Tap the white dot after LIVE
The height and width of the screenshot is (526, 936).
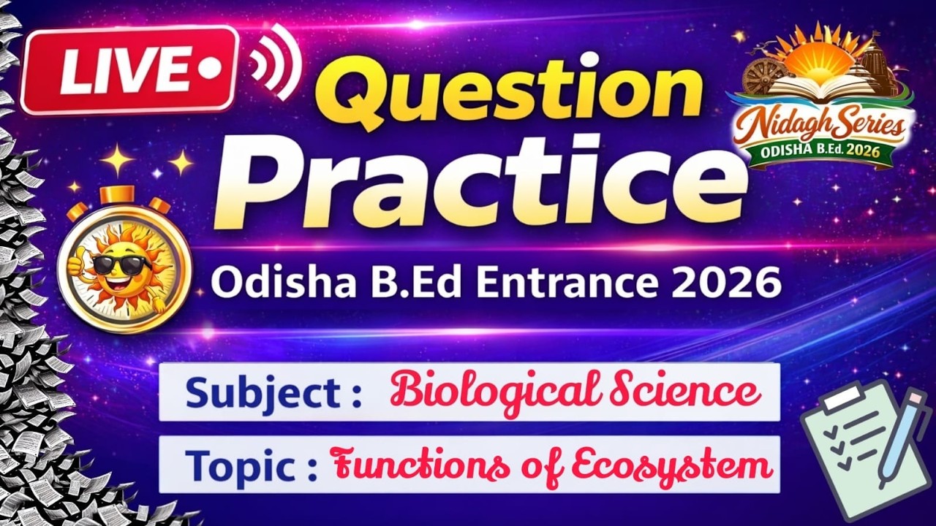(210, 69)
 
